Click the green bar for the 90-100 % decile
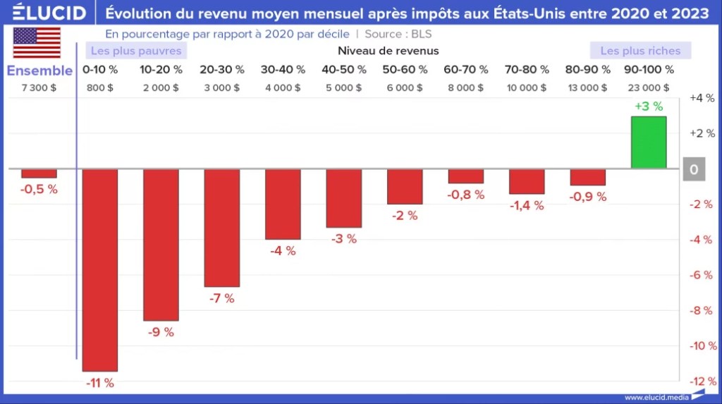click(649, 142)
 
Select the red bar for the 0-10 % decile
click(100, 269)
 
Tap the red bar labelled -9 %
click(161, 245)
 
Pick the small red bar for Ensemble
click(39, 173)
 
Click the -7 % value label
click(221, 298)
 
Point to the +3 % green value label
click(649, 106)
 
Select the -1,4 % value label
click(527, 205)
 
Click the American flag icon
click(37, 44)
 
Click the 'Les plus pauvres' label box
click(137, 51)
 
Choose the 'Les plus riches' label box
click(640, 51)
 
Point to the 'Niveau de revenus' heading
click(388, 51)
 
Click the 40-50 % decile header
click(344, 70)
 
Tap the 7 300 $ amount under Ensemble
click(39, 87)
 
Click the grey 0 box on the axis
click(694, 170)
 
